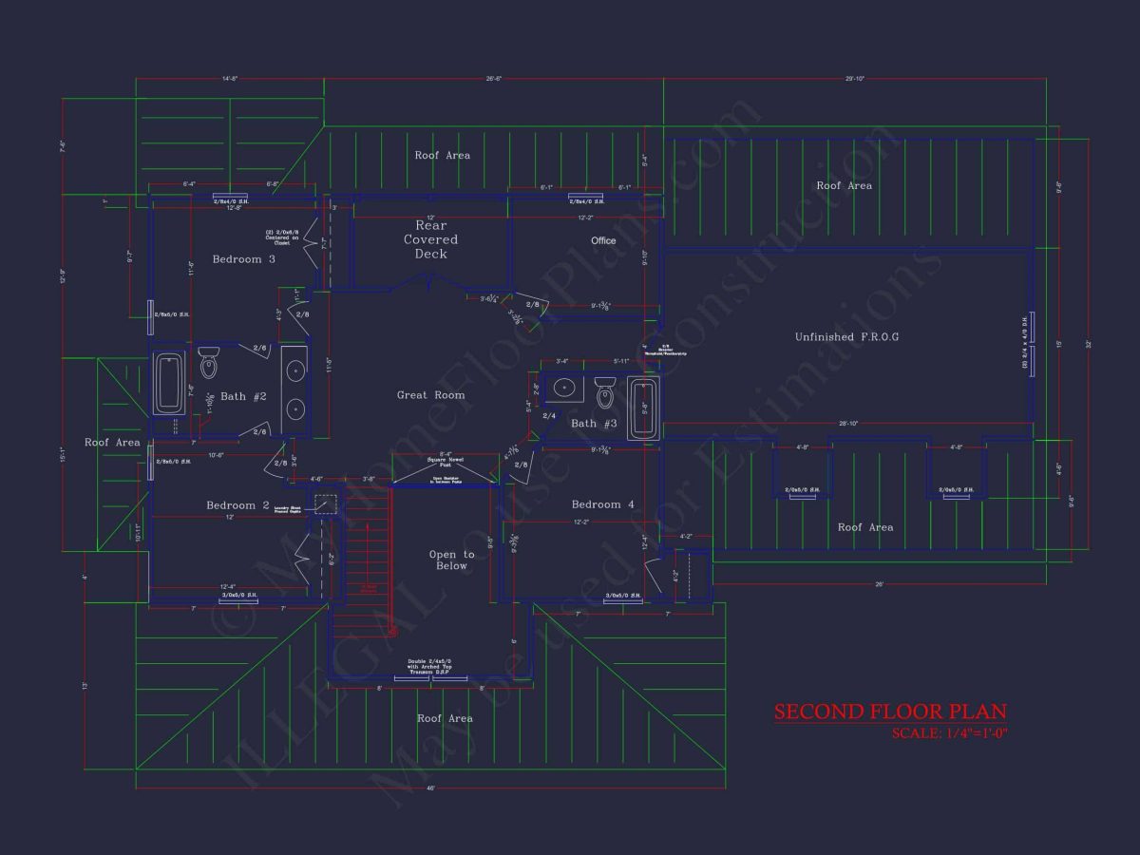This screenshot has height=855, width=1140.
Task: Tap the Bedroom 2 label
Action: tap(237, 505)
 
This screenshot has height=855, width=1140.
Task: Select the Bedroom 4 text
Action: tap(602, 504)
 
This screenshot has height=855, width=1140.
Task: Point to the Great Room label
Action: tap(430, 395)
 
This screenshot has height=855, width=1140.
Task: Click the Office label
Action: tap(603, 241)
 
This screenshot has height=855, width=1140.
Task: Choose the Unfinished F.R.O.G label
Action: tap(846, 337)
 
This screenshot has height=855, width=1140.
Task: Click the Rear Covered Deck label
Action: tap(430, 240)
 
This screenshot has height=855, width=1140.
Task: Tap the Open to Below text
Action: tap(451, 560)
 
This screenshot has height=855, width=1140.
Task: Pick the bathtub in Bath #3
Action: tap(643, 408)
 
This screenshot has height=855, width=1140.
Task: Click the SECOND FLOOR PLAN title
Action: tap(889, 712)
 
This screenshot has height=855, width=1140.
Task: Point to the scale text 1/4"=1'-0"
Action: tap(948, 733)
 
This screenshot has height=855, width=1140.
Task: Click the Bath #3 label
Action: tap(594, 424)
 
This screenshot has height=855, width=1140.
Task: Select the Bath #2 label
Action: tap(243, 396)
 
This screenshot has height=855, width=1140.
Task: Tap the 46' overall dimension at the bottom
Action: tap(430, 788)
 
